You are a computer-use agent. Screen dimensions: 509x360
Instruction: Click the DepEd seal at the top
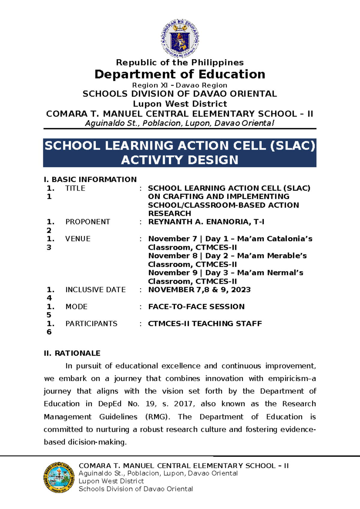(x=180, y=38)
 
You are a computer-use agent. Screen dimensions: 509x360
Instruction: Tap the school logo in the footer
(x=59, y=477)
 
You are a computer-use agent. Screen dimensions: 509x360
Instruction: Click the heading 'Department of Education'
(x=180, y=74)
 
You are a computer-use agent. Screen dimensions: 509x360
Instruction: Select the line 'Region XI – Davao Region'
(x=180, y=85)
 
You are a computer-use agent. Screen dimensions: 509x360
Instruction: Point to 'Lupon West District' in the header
(x=180, y=104)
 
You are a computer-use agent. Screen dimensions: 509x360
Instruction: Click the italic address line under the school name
(x=180, y=123)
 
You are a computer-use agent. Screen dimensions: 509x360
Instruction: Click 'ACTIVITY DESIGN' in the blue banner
(x=180, y=160)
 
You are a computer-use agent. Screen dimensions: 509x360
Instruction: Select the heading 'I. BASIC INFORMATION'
(x=90, y=179)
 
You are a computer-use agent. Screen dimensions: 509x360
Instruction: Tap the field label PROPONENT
(x=88, y=222)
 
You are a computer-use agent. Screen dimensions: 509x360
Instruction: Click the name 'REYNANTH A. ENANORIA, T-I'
(x=206, y=222)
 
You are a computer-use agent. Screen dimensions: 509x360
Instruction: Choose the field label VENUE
(x=78, y=239)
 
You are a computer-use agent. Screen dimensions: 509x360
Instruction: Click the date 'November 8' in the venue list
(x=173, y=256)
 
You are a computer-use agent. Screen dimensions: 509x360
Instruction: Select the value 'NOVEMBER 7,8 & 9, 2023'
(x=199, y=290)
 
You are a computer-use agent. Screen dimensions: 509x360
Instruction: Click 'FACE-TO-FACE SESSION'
(x=196, y=306)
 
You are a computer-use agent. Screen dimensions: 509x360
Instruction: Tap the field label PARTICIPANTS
(x=91, y=324)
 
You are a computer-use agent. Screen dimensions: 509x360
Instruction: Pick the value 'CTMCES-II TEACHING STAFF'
(x=205, y=324)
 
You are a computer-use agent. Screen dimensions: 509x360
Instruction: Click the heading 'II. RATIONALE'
(x=72, y=353)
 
